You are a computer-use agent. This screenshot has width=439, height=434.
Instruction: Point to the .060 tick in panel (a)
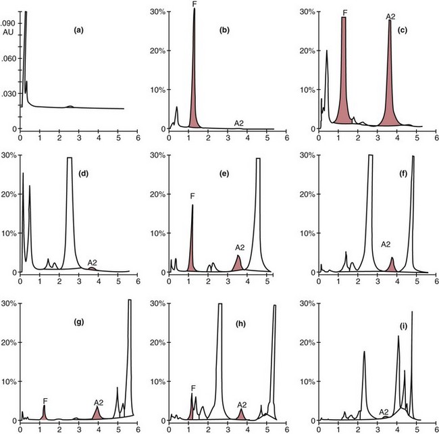tap(7, 58)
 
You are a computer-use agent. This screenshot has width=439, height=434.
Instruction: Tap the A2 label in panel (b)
tap(239, 122)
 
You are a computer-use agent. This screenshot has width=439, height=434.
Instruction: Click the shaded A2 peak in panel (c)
tap(390, 101)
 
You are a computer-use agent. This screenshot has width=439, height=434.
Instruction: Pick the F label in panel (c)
tap(344, 12)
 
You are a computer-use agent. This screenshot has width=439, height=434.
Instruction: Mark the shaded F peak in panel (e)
tap(192, 250)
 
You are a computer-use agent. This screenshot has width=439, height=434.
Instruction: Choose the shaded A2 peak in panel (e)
tap(238, 264)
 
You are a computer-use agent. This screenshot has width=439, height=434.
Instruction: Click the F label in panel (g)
tap(45, 400)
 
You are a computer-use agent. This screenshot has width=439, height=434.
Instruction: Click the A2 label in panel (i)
tap(383, 411)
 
